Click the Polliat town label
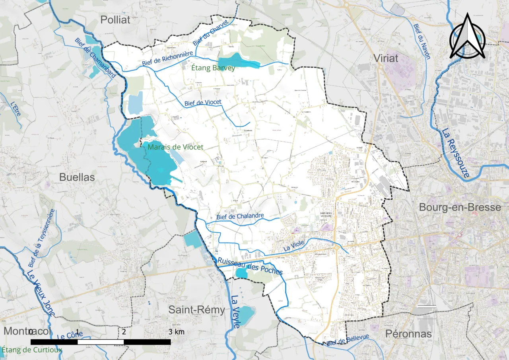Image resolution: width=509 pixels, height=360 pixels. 115,20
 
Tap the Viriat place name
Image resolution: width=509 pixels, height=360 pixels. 386,58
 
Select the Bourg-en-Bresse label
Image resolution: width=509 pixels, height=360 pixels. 460,207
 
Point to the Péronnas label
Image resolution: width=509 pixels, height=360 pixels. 408,334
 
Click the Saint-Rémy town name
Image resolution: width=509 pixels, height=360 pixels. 197,309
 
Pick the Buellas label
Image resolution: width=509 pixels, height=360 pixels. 77,177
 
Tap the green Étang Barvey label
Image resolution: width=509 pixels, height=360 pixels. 213,68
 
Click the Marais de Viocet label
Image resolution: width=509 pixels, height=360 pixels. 175,147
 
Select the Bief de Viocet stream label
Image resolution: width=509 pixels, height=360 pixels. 203,103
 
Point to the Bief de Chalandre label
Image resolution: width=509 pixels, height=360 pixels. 240,217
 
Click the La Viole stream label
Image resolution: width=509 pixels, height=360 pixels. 294,246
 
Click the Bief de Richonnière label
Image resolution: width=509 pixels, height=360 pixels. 167,59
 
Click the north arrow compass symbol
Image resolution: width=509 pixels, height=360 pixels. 467,37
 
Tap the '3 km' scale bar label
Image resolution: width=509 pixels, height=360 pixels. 176,332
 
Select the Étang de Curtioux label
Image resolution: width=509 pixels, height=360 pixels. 32,350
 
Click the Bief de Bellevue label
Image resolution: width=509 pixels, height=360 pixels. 348,340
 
